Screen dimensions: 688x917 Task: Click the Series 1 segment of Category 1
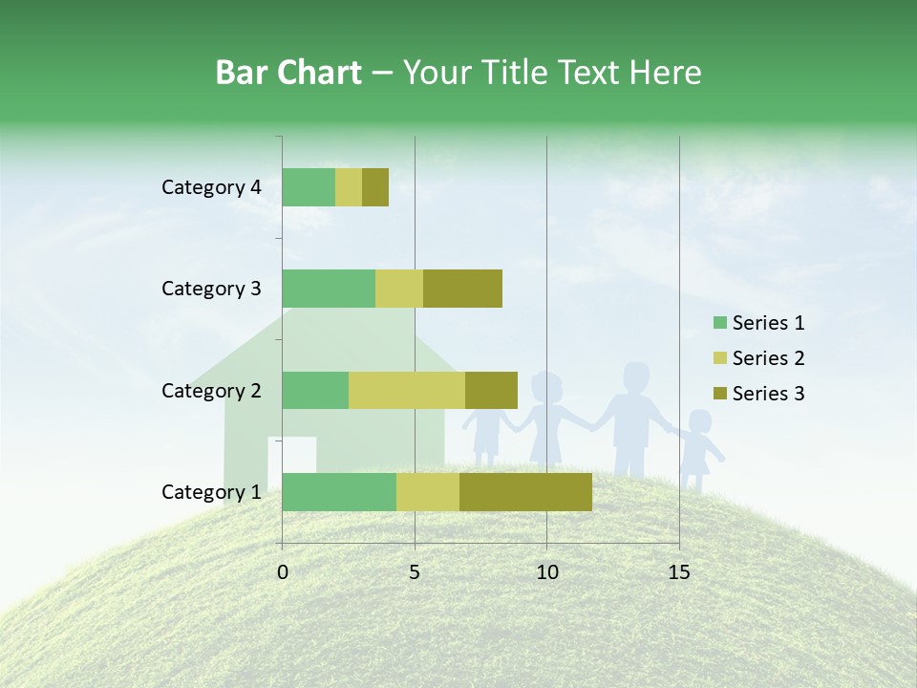339,492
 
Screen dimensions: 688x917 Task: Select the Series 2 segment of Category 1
428,492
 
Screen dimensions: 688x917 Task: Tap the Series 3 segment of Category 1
525,492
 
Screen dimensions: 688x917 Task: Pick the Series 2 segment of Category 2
407,390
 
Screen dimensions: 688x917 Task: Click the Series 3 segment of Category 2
491,390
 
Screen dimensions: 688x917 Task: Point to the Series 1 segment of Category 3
329,289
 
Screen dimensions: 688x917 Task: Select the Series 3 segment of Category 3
462,289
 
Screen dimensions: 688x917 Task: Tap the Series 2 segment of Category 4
349,187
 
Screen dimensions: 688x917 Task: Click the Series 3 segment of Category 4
375,187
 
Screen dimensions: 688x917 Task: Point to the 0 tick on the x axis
283,572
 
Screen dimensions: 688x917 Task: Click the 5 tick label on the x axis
415,572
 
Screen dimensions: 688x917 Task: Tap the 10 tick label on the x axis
546,572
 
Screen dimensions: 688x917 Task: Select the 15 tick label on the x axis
679,572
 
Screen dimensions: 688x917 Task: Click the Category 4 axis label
211,187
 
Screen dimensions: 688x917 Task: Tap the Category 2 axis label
211,390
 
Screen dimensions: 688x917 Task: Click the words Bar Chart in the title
288,73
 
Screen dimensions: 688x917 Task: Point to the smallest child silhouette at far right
699,449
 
